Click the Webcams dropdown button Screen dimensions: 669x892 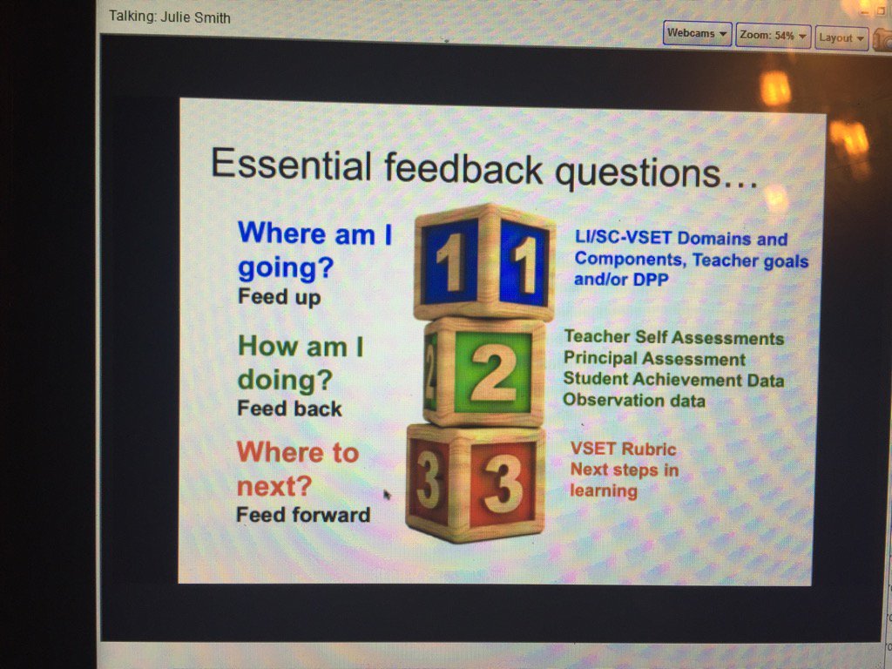(x=697, y=34)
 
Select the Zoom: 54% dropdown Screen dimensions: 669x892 (x=774, y=36)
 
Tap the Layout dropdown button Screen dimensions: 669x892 (x=842, y=37)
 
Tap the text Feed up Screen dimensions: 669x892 (x=279, y=297)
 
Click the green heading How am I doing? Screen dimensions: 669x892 (x=301, y=363)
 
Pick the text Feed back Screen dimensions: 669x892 (x=289, y=409)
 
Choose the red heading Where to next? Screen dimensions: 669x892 (x=297, y=469)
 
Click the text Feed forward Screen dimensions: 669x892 (x=302, y=515)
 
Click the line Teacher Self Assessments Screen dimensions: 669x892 (x=673, y=338)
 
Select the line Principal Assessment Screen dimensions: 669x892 (x=654, y=359)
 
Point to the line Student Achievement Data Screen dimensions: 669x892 (x=673, y=380)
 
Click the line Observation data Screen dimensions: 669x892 (x=633, y=400)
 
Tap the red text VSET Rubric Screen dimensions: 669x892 (x=623, y=449)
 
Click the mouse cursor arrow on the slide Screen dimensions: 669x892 (x=387, y=495)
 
